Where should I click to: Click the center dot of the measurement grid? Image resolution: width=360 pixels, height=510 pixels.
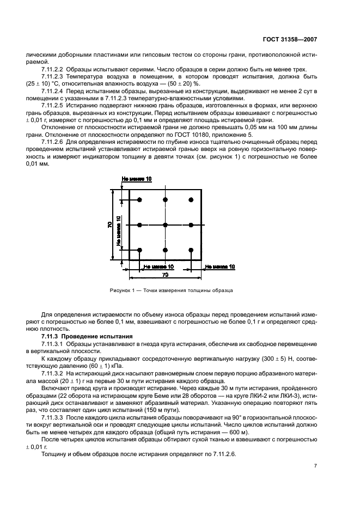pyautogui.click(x=165, y=225)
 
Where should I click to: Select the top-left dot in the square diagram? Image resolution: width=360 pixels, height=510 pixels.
pyautogui.click(x=140, y=200)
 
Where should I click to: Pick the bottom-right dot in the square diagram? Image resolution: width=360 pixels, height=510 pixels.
pyautogui.click(x=191, y=250)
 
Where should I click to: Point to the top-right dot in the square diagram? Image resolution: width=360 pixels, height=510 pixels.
pyautogui.click(x=191, y=200)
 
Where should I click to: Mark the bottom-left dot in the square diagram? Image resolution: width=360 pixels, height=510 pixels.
pyautogui.click(x=140, y=250)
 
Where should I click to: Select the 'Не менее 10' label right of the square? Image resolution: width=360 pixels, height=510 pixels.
pyautogui.click(x=220, y=266)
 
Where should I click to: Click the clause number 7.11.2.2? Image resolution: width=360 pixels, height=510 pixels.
pyautogui.click(x=52, y=69)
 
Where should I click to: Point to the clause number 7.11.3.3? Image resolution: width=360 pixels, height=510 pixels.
pyautogui.click(x=52, y=416)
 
